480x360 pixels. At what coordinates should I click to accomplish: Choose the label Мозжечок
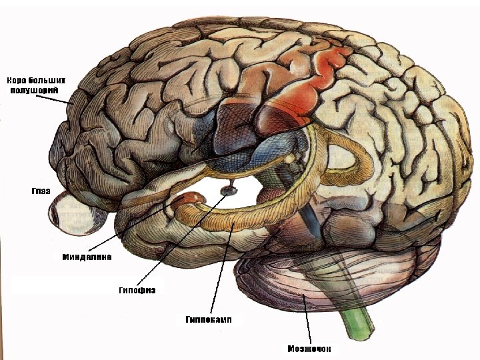[x=309, y=348]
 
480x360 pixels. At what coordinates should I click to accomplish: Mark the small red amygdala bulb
[x=189, y=198]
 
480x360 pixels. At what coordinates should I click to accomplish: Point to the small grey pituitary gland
[x=227, y=190]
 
